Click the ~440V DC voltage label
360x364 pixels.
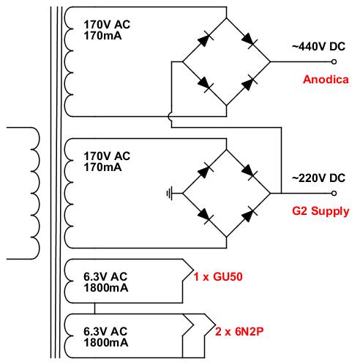click(318, 47)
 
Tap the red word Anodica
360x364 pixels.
click(326, 80)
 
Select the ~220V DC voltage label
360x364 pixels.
click(318, 178)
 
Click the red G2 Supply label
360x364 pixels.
click(320, 211)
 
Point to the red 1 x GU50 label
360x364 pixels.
click(218, 277)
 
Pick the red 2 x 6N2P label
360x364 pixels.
click(239, 332)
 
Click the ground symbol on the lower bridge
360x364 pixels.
click(170, 194)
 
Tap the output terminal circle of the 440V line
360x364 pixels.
click(334, 62)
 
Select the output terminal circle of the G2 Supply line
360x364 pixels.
click(334, 194)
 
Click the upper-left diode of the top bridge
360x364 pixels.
click(205, 39)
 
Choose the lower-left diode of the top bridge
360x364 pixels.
click(205, 84)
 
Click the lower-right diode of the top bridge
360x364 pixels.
click(250, 83)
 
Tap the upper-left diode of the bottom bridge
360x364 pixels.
click(205, 171)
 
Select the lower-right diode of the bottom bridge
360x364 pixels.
click(250, 215)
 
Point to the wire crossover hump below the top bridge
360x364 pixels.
click(169, 117)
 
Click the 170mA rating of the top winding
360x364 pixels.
click(102, 36)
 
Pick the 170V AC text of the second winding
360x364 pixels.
click(107, 156)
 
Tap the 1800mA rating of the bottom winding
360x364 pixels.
click(106, 343)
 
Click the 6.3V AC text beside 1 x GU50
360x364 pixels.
click(105, 277)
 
